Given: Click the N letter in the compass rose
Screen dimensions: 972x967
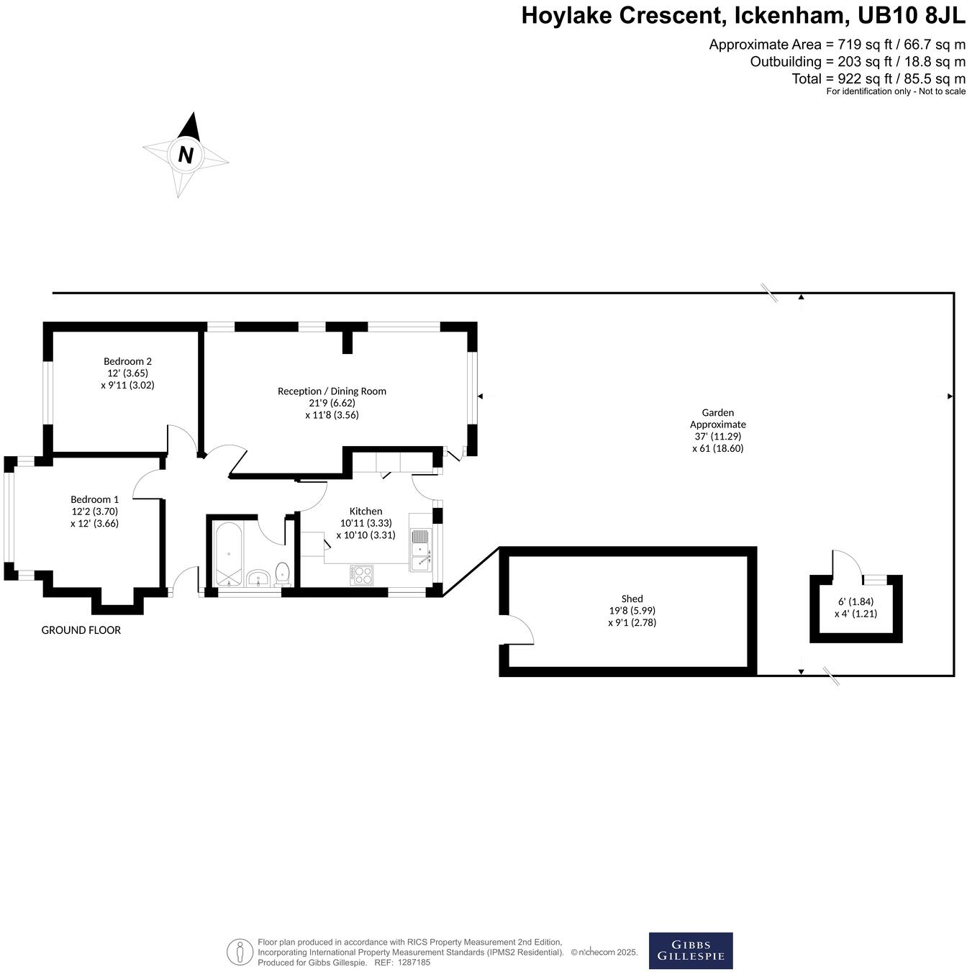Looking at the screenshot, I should [186, 155].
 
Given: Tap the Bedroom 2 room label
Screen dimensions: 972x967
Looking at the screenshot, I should [127, 361].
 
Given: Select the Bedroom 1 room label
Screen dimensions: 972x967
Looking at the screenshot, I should [94, 499].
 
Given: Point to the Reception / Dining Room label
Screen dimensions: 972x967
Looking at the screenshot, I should [332, 391].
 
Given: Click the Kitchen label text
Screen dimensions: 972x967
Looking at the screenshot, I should [366, 512].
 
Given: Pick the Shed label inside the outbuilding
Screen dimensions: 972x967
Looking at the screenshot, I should [632, 599].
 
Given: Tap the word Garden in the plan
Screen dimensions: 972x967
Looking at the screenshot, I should [717, 413].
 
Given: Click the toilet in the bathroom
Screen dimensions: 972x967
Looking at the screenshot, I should [282, 573].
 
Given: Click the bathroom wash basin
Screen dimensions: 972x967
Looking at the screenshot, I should [258, 578].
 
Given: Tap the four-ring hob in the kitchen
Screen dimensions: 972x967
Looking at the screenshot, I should [362, 575].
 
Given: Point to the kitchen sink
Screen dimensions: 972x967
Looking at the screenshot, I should [420, 551].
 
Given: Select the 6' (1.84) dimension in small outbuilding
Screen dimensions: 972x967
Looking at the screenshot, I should [855, 601].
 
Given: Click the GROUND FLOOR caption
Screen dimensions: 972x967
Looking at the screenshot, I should [81, 630].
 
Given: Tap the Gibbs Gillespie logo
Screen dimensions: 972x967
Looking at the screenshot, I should [691, 951].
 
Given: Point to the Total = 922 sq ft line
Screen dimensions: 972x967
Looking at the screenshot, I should [878, 78].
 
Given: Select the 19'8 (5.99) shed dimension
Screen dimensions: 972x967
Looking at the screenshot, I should [632, 611].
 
